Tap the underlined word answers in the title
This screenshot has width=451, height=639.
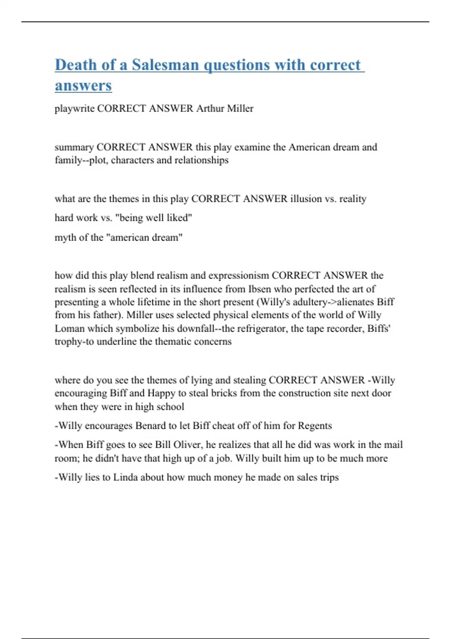coord(83,85)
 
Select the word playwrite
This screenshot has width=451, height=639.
coord(74,109)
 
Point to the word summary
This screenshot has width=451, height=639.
coord(74,147)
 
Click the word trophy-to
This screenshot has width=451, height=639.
coord(74,342)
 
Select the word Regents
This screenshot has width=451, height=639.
coord(315,425)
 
